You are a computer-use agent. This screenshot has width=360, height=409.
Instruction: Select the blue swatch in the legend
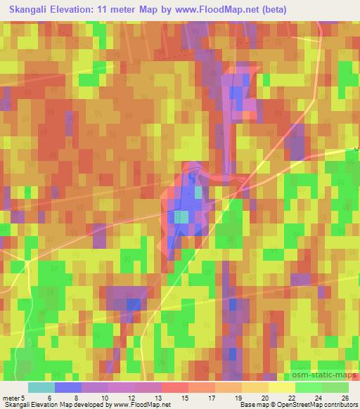pos(69,387)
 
